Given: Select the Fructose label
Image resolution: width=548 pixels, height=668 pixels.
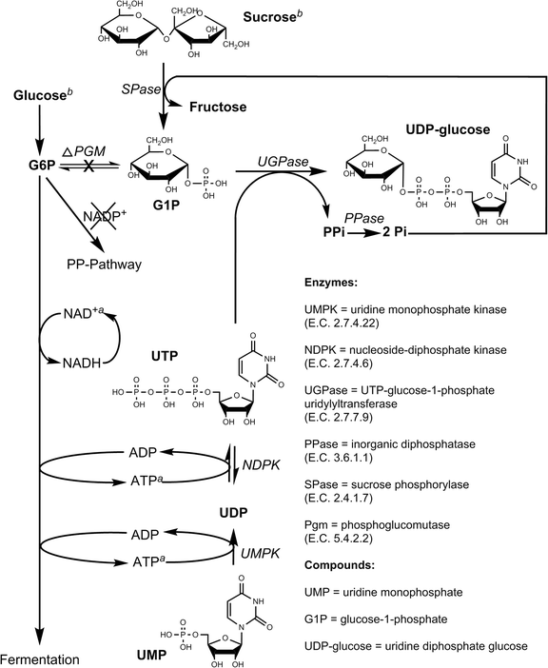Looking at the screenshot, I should coord(222,108).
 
